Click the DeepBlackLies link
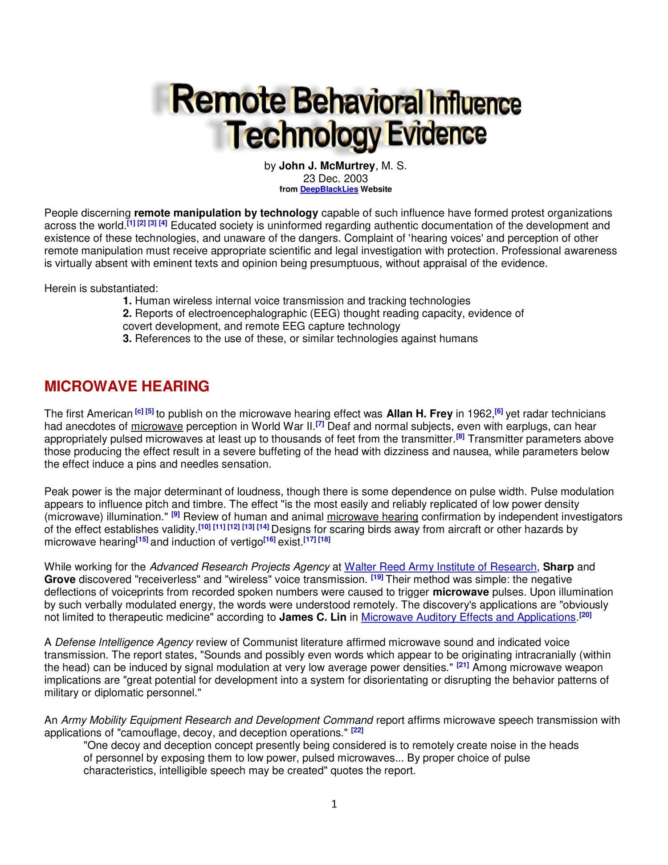(x=329, y=189)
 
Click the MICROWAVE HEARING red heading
(x=126, y=386)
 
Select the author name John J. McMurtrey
(x=326, y=166)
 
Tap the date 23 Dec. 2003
(x=335, y=179)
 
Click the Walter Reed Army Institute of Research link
(x=440, y=567)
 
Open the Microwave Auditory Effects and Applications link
(x=468, y=617)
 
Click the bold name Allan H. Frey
(x=419, y=414)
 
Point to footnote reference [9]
(x=175, y=514)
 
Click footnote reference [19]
(x=377, y=577)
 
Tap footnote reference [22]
(x=357, y=730)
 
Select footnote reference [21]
(x=463, y=665)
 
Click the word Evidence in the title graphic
(x=436, y=134)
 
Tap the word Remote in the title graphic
(x=228, y=100)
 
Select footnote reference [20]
(x=585, y=615)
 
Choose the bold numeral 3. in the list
(x=127, y=339)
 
